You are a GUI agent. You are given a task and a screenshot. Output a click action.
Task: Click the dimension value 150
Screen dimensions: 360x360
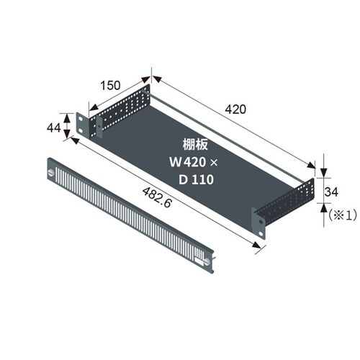point(110,86)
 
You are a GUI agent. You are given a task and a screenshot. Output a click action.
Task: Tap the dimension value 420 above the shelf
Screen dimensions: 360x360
point(235,109)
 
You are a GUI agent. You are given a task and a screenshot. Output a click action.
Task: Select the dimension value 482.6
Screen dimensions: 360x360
point(157,197)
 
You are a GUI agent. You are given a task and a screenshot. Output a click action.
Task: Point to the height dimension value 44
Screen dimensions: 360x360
point(53,127)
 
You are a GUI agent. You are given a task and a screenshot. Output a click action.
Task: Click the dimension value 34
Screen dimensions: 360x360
point(331,192)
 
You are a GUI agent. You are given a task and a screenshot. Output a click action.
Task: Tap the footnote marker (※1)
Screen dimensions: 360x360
point(342,215)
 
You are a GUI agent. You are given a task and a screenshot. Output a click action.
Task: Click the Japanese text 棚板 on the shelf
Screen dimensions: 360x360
point(195,145)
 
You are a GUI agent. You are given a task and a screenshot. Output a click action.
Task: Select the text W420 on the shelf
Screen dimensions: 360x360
point(187,162)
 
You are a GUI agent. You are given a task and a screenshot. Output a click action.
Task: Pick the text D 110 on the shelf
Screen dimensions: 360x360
point(196,179)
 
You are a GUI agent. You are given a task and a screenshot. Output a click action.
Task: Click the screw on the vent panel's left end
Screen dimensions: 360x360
point(50,172)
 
